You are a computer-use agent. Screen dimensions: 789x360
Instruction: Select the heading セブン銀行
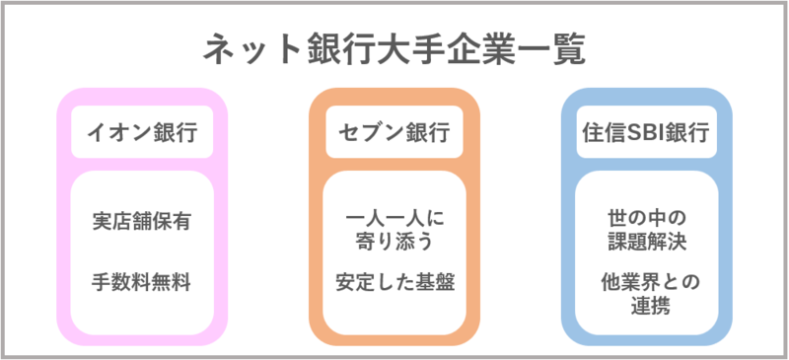394,132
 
